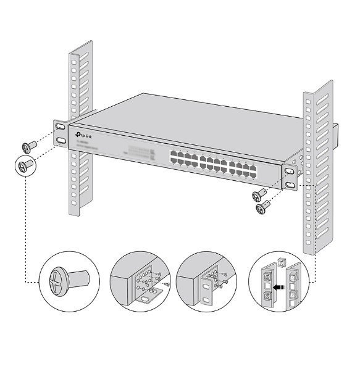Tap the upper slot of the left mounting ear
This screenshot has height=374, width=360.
(x=60, y=127)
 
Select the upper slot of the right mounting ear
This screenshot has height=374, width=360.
(x=290, y=170)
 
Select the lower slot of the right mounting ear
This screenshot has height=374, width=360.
(x=290, y=184)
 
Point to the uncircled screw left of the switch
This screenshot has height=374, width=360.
(x=28, y=146)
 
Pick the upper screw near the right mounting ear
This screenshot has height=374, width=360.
(x=258, y=196)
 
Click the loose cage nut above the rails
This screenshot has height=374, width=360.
(x=282, y=263)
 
